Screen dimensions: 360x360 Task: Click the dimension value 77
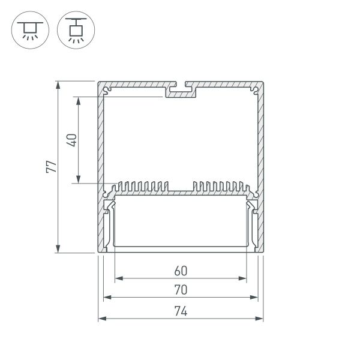(x=53, y=167)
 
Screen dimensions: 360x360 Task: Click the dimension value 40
(x=71, y=140)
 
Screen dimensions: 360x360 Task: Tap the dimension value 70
(x=181, y=290)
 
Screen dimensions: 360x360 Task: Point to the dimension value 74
(x=181, y=311)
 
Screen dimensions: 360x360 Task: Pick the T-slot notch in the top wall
(x=181, y=88)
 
